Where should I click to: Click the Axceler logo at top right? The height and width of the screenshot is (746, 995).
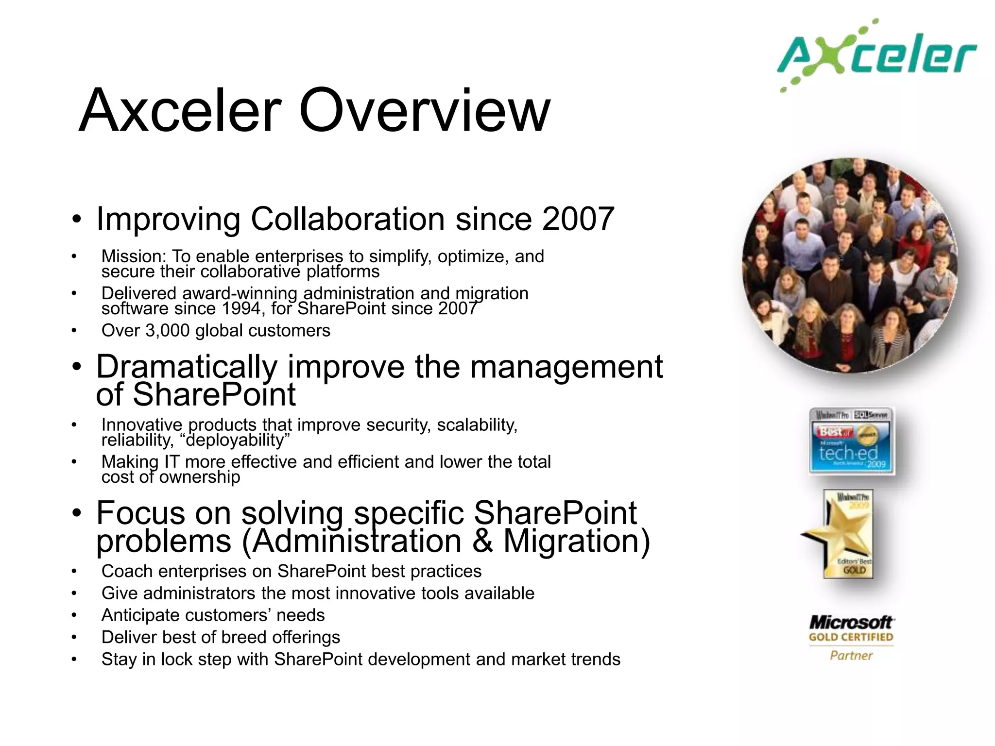tap(877, 56)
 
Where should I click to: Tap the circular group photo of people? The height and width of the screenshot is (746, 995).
tap(849, 266)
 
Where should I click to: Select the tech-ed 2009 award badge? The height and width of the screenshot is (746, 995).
tap(851, 441)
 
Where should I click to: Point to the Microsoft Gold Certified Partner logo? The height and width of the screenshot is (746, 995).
tap(851, 637)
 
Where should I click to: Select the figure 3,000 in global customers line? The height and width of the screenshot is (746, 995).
tap(168, 331)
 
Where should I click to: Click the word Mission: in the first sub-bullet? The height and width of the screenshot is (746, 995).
tap(134, 256)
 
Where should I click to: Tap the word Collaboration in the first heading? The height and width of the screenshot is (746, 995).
tap(348, 219)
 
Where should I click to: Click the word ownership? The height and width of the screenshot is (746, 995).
tap(199, 477)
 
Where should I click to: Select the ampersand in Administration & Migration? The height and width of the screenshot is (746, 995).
tap(482, 541)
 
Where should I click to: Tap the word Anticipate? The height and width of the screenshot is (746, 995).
tap(140, 615)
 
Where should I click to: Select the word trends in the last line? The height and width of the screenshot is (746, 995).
tap(595, 660)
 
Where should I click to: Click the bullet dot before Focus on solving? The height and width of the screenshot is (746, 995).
tap(77, 514)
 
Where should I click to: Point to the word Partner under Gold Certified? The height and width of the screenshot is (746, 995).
tap(851, 656)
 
